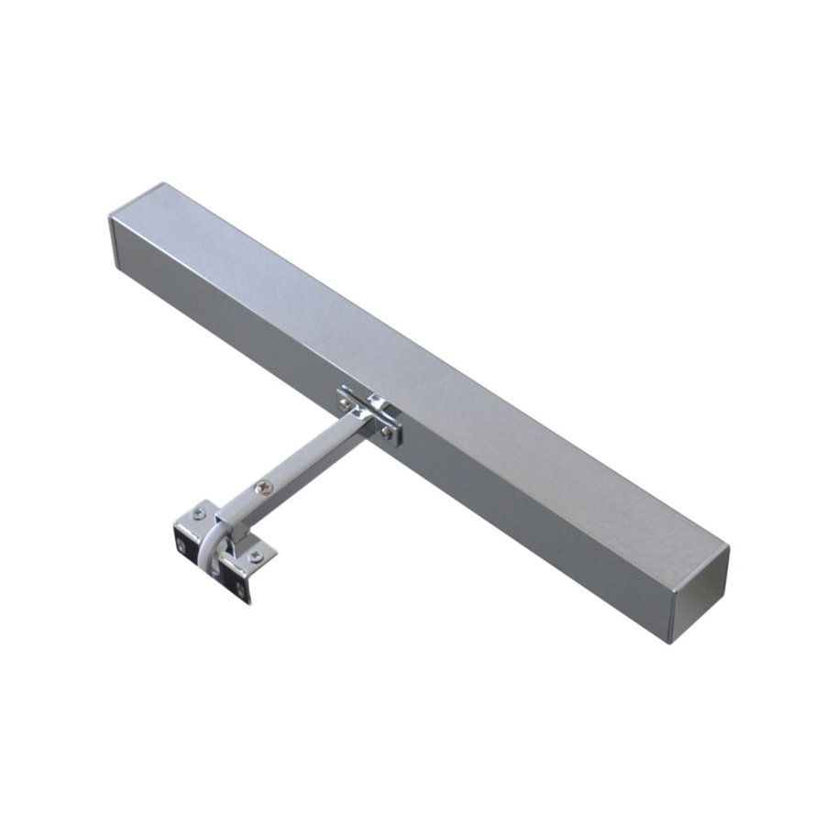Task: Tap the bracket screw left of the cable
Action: (198, 515)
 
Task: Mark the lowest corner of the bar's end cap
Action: (673, 643)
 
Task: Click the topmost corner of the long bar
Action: (166, 182)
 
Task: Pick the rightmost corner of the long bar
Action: (730, 548)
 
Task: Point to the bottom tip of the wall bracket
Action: (246, 602)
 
